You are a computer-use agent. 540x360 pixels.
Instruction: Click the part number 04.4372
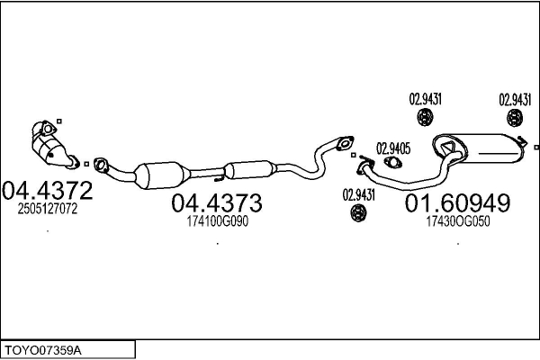(x=47, y=191)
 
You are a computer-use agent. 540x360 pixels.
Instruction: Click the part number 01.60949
(x=457, y=203)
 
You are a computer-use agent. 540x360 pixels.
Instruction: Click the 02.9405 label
(x=392, y=148)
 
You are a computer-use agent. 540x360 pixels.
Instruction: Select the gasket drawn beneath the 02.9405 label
(x=392, y=163)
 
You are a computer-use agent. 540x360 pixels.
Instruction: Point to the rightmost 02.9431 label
(x=515, y=99)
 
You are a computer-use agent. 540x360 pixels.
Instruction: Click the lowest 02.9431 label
(x=357, y=193)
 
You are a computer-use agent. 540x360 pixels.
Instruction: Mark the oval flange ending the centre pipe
(x=344, y=141)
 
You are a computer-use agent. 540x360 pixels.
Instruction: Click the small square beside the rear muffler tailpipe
(x=535, y=146)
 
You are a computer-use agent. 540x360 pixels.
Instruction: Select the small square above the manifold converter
(x=58, y=121)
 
